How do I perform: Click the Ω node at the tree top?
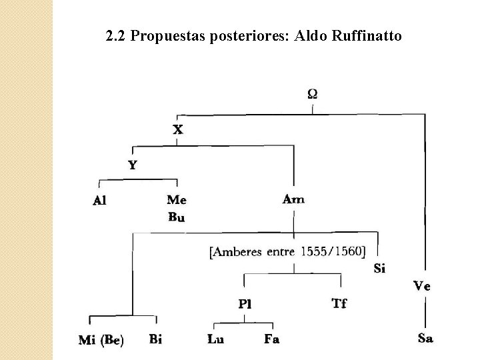click(x=312, y=93)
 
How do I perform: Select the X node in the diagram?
click(x=178, y=129)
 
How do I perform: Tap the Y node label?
click(x=133, y=165)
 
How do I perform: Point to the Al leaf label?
click(x=99, y=199)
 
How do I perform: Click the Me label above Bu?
click(x=177, y=199)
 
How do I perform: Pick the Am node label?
click(x=293, y=199)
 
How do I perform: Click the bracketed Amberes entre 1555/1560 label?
click(x=287, y=251)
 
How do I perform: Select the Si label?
click(x=379, y=268)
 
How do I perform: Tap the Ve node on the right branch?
click(x=421, y=286)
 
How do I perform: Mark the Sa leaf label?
click(x=425, y=338)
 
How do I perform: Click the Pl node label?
click(x=245, y=304)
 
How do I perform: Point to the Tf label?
click(x=339, y=303)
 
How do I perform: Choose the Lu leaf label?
click(x=215, y=339)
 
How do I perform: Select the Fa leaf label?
click(x=271, y=339)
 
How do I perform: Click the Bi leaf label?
click(x=155, y=339)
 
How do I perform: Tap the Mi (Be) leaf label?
click(x=101, y=340)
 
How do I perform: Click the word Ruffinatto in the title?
click(x=369, y=35)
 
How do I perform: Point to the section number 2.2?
click(x=115, y=35)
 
